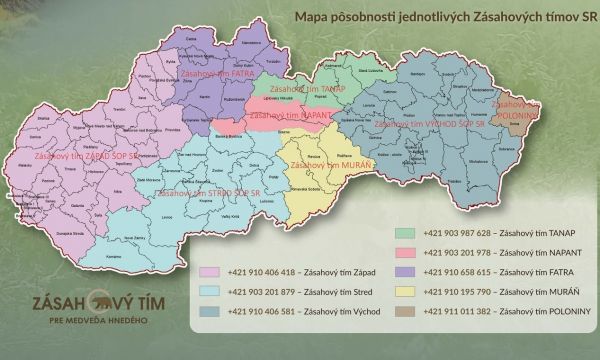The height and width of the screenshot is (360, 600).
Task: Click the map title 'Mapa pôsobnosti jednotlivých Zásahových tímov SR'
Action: pyautogui.click(x=438, y=17)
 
